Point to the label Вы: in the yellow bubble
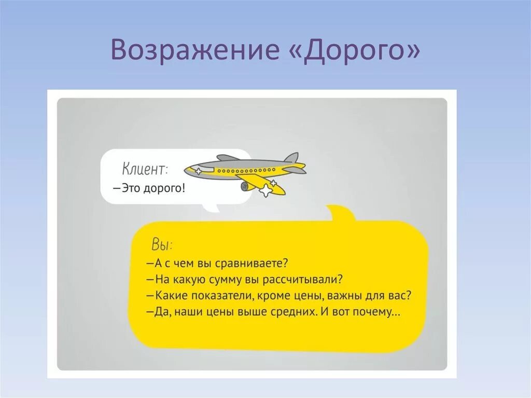[162, 244]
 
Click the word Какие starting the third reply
[168, 296]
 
